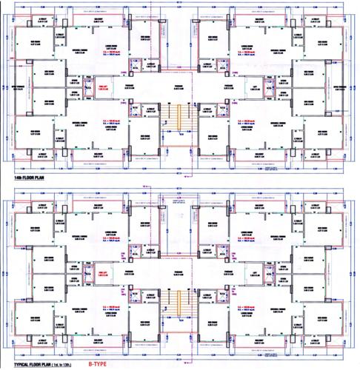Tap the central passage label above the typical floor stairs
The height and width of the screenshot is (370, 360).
[178, 272]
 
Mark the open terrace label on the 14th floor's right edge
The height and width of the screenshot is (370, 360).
[344, 87]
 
